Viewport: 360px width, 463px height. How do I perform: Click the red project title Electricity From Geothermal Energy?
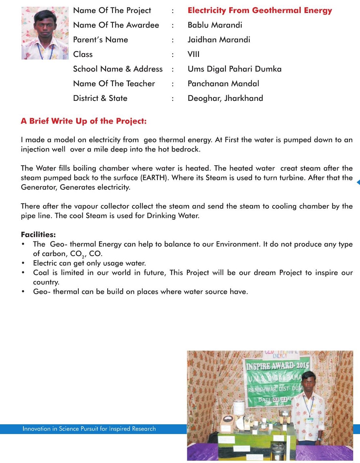pos(259,10)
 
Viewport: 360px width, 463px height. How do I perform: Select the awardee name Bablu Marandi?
pos(215,25)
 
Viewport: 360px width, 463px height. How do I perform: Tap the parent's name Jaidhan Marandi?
pos(219,40)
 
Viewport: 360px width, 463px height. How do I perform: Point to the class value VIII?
pos(193,54)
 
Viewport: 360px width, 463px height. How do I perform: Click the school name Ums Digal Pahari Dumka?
pos(234,69)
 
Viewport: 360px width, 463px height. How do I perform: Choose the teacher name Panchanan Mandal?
pos(223,84)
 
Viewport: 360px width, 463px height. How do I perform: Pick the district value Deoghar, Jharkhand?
pos(225,98)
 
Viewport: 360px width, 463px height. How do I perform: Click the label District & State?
pos(100,98)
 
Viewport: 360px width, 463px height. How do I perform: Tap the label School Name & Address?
pos(118,69)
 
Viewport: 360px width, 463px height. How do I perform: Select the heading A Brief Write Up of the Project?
pos(84,121)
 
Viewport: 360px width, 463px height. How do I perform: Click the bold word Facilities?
pos(38,235)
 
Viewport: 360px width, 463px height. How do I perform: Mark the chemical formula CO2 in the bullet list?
pos(77,254)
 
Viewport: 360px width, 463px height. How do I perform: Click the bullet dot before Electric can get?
pos(23,263)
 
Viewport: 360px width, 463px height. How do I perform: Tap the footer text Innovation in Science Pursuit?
pos(89,429)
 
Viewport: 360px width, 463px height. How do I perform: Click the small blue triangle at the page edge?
pos(358,182)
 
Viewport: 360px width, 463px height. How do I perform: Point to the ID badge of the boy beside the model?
pos(310,420)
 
